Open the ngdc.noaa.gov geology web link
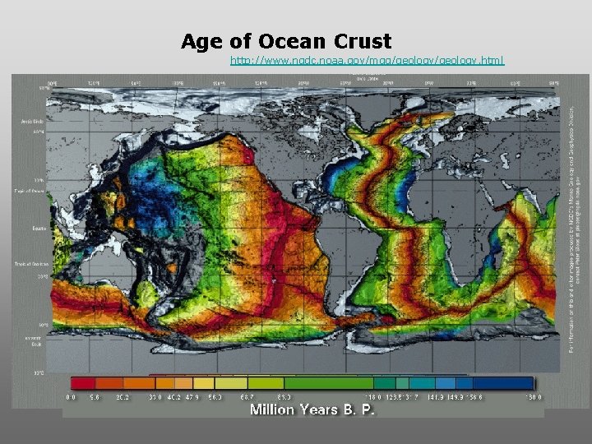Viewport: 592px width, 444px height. click(x=368, y=61)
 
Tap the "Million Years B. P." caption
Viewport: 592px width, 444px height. click(x=312, y=409)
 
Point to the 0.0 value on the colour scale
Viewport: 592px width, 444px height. click(x=72, y=396)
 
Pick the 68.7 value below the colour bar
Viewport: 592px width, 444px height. click(x=245, y=396)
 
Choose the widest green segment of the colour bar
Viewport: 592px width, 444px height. click(x=329, y=382)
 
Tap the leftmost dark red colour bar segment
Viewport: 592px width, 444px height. click(x=82, y=382)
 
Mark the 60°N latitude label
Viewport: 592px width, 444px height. click(x=39, y=131)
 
